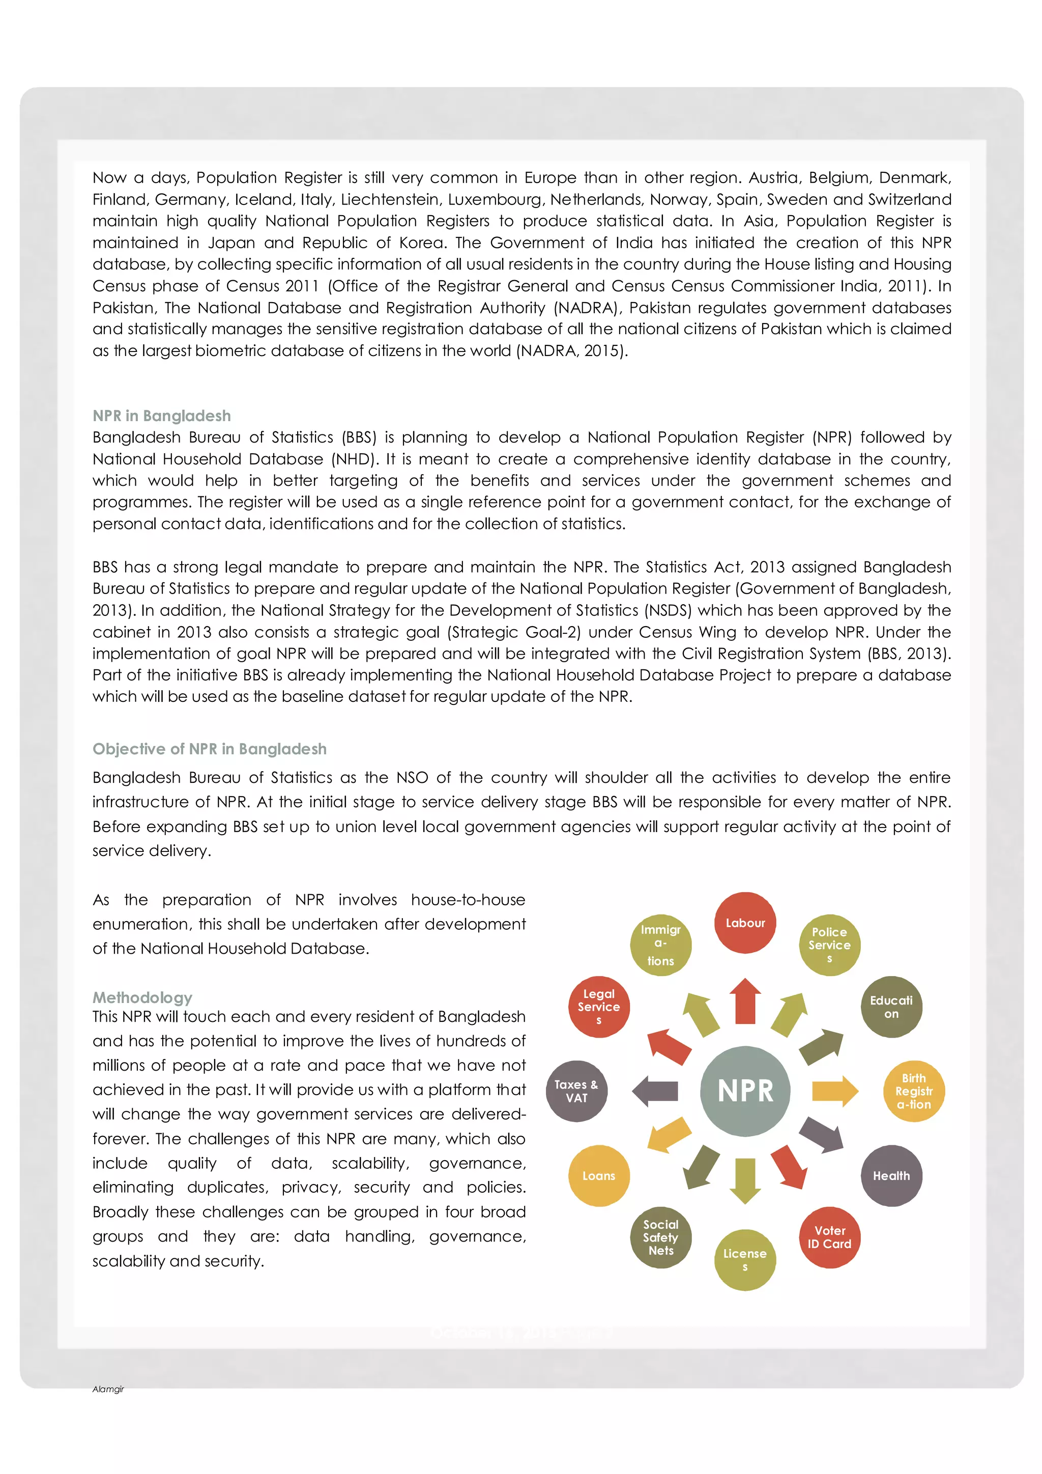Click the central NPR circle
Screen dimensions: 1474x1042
745,1090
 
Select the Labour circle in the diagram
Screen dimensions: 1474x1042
745,923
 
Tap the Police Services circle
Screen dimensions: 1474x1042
829,945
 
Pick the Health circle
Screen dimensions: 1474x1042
890,1175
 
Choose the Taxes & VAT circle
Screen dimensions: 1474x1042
576,1090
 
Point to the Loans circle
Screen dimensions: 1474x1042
598,1175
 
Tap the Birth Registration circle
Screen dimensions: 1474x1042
914,1090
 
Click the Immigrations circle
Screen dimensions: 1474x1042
660,945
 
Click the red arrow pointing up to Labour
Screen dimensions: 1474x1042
745,1001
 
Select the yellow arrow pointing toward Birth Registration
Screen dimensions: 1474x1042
834,1090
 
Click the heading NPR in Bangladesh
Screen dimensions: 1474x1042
162,416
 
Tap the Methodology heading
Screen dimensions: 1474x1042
142,997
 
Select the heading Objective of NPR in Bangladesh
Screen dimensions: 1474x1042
209,749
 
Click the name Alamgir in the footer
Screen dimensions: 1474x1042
108,1389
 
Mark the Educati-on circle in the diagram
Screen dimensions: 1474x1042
890,1007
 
